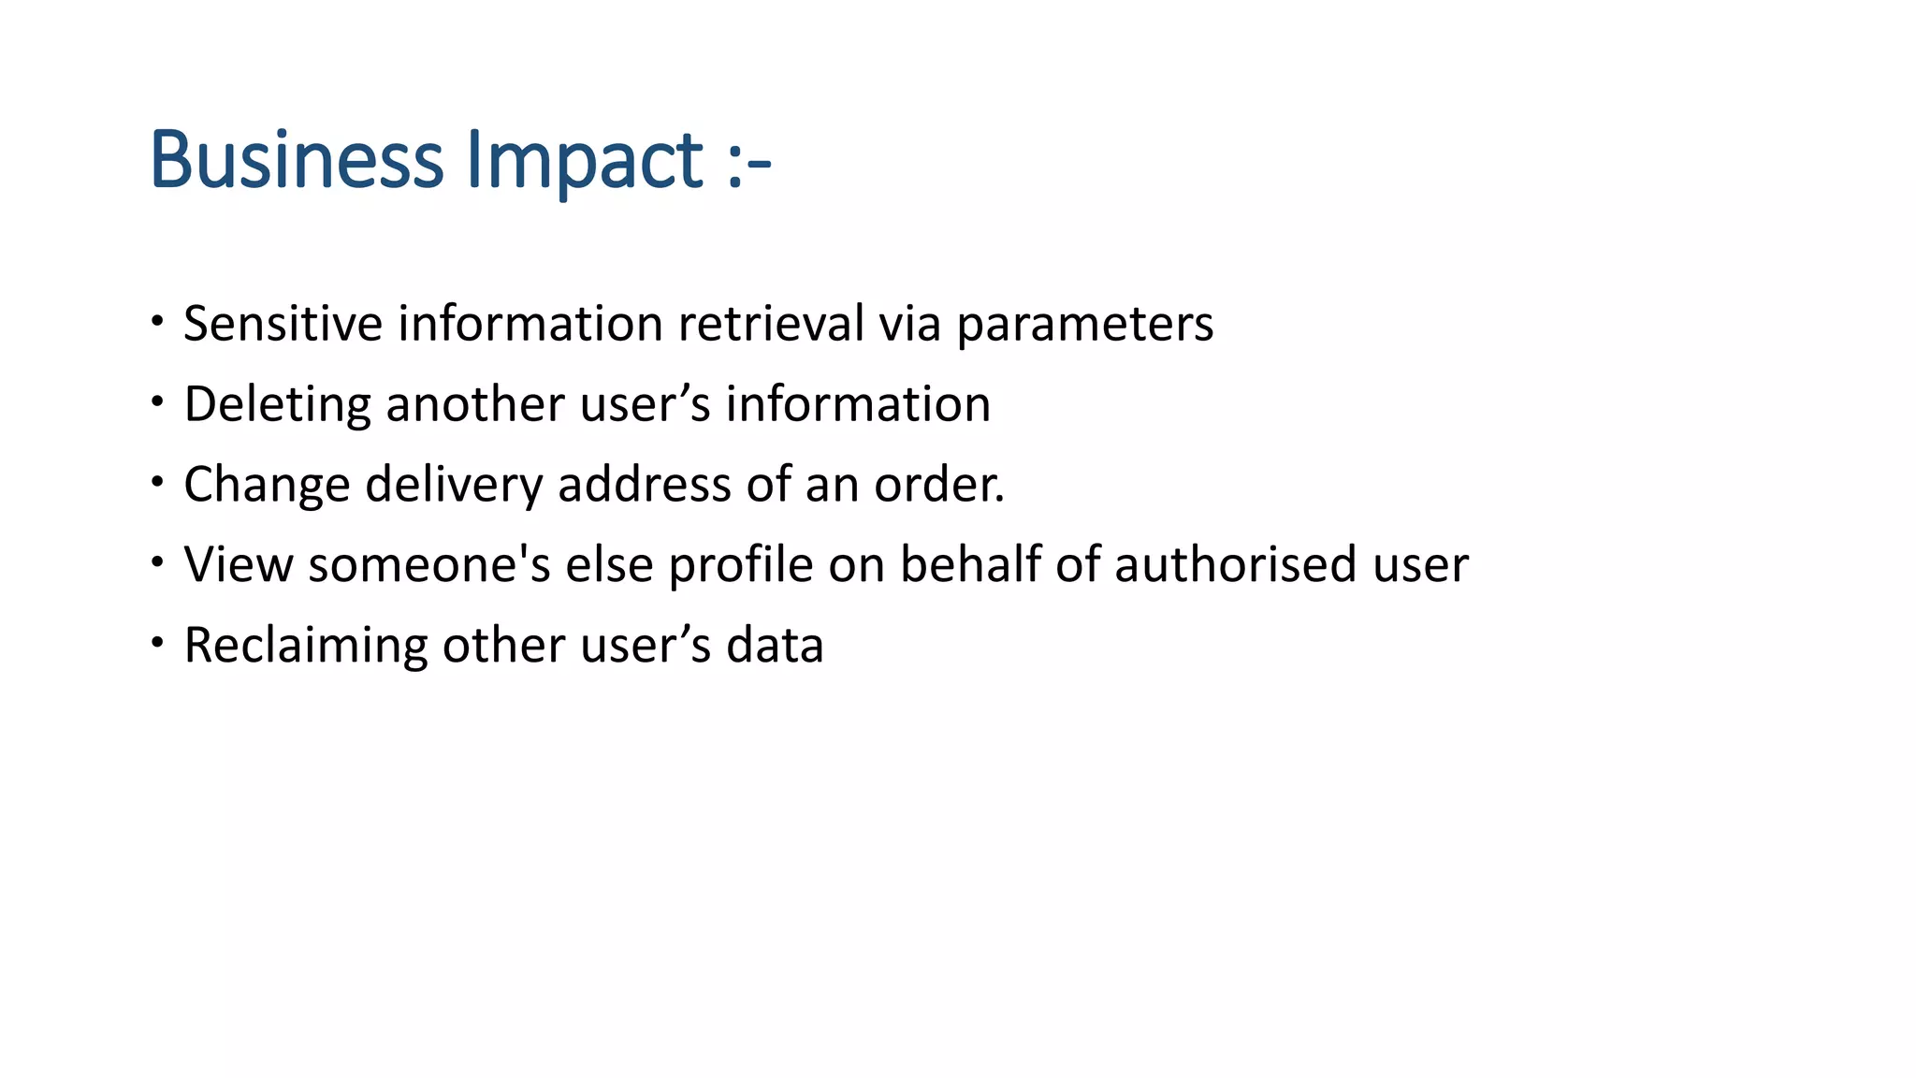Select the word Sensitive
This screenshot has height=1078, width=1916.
tap(283, 324)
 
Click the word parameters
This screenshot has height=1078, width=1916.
tap(1084, 326)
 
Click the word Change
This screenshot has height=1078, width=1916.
tap(267, 486)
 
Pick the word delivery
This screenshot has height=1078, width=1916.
tap(454, 486)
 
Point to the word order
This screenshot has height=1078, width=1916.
tap(938, 485)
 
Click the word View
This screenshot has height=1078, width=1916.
tap(239, 564)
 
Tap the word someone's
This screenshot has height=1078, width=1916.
tap(429, 564)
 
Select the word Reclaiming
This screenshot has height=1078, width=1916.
tap(305, 647)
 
